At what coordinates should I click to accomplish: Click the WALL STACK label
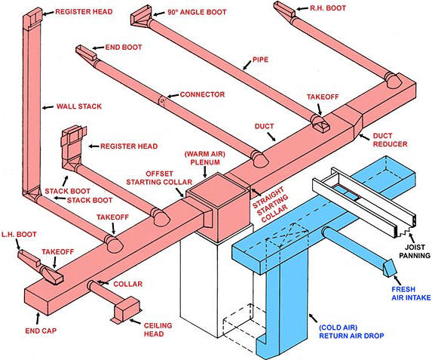tap(79, 106)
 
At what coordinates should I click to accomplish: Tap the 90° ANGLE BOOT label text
tap(197, 12)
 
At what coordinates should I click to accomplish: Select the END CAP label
tap(41, 331)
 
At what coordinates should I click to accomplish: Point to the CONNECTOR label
tap(202, 94)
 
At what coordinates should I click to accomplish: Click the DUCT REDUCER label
tap(390, 140)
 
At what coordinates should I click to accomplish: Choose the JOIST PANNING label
tap(415, 251)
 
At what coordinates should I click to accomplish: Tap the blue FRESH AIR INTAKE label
tap(411, 294)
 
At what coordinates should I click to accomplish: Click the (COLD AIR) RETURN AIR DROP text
tap(351, 331)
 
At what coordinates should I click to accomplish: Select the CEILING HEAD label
tap(158, 330)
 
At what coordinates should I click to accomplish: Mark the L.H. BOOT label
tap(19, 235)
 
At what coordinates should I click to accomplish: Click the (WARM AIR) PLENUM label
tap(205, 158)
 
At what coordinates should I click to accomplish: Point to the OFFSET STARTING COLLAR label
tap(159, 178)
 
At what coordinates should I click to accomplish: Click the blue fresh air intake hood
tap(390, 267)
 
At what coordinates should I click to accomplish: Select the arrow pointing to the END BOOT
tap(98, 48)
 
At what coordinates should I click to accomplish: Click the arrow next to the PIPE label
tap(247, 65)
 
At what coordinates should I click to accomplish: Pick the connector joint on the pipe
tap(163, 100)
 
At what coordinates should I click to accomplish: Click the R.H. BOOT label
tap(328, 8)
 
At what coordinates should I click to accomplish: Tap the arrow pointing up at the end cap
tap(38, 318)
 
